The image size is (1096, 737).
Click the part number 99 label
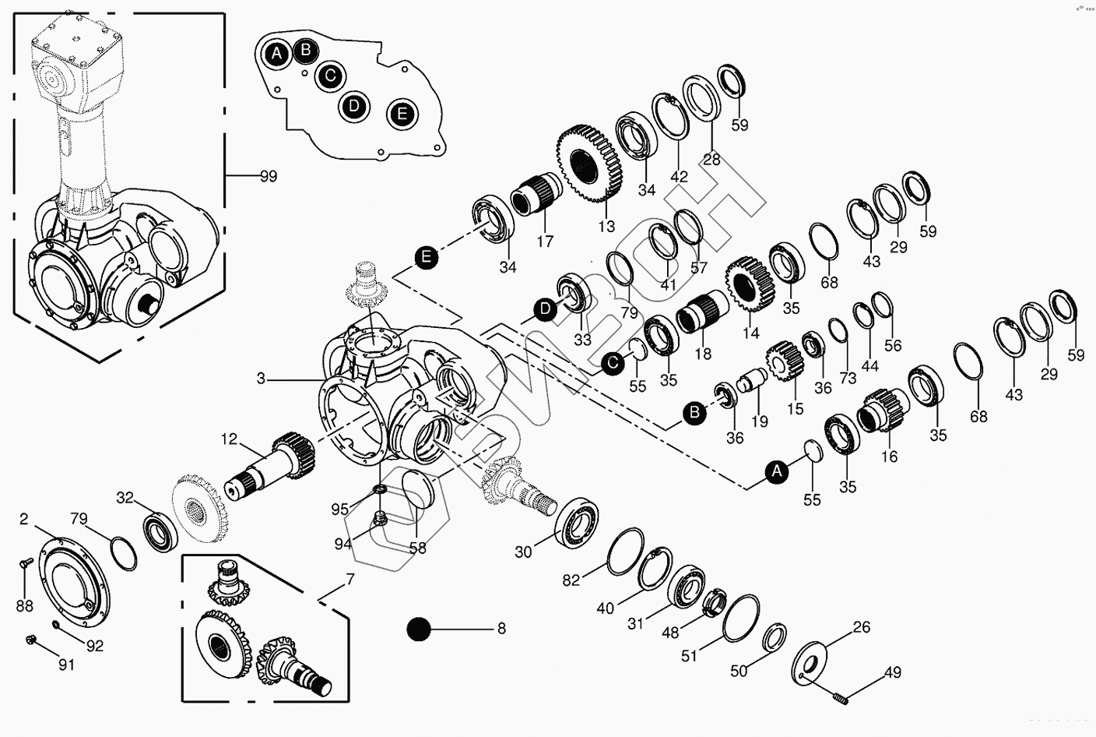[268, 177]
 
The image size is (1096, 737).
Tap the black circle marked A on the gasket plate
[276, 54]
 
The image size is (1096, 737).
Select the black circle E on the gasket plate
[402, 114]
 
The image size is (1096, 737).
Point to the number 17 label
[545, 242]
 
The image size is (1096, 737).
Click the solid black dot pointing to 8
[420, 629]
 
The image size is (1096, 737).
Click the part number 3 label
[262, 379]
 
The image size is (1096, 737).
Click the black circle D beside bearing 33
[546, 310]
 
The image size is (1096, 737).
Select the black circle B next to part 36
[695, 413]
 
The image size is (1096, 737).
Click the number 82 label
[572, 580]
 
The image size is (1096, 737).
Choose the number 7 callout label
[350, 580]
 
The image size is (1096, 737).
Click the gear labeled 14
[749, 282]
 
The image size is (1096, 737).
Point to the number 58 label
[418, 548]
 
